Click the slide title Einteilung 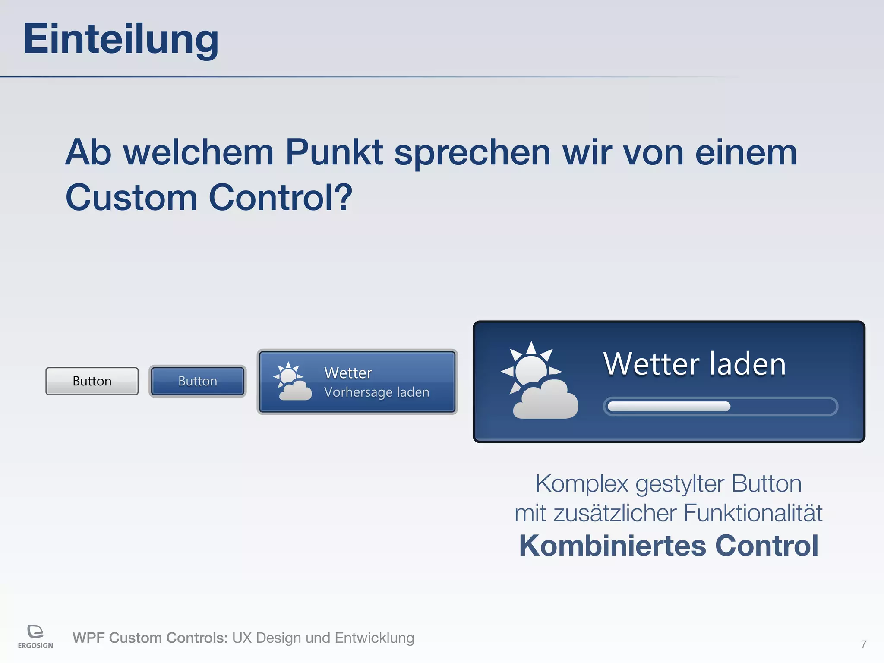[121, 39]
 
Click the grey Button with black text [92, 381]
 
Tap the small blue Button [198, 381]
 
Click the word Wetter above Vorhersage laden [348, 373]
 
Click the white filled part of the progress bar [669, 407]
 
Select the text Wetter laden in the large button [695, 364]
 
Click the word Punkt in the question [334, 152]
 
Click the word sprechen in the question [472, 153]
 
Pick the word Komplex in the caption [581, 484]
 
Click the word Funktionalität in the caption [753, 513]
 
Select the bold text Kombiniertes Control [669, 546]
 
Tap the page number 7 [863, 644]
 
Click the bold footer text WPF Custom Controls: [150, 638]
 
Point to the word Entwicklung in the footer [374, 638]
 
